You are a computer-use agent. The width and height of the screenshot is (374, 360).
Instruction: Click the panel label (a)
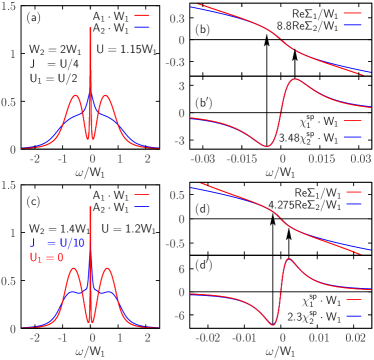33,17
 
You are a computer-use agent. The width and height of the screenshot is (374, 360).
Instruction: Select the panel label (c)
33,203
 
